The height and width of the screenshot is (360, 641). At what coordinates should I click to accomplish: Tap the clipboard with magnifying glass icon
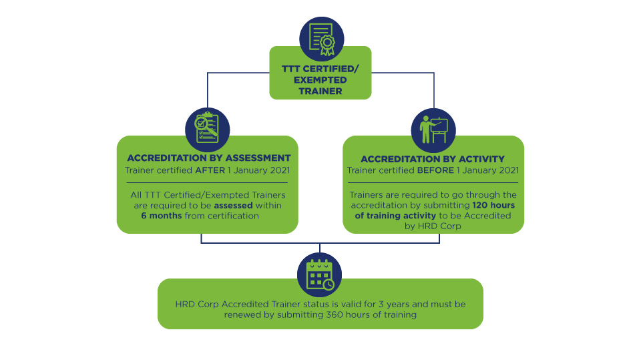206,129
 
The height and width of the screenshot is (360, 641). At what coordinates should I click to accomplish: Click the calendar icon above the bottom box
319,273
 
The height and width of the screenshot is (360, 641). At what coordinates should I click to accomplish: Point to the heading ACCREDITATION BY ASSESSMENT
209,158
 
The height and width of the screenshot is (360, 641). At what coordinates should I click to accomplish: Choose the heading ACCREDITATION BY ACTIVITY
433,159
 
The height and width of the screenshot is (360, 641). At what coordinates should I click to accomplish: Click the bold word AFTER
210,170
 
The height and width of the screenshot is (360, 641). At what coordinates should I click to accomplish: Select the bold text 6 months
162,216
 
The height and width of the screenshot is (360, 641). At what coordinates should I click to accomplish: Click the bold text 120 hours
493,205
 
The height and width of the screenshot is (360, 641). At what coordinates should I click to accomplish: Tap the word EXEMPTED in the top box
320,79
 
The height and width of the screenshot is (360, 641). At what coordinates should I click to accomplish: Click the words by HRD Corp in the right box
433,226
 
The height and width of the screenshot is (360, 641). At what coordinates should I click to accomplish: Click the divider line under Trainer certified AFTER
208,182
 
